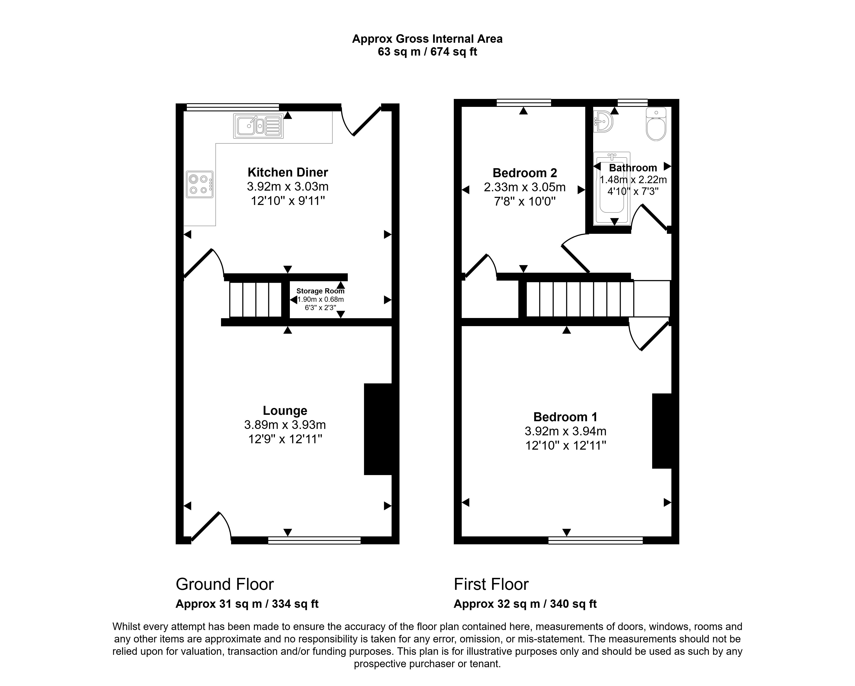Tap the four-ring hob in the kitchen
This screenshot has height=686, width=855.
[x=199, y=184]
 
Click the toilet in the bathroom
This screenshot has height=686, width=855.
[x=656, y=125]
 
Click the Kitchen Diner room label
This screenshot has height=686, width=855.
[x=287, y=172]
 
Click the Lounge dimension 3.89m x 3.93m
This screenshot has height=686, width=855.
[x=285, y=425]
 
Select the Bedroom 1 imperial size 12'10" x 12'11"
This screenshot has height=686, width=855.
[x=566, y=446]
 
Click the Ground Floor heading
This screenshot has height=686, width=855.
[x=224, y=584]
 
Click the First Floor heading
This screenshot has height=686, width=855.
[x=491, y=584]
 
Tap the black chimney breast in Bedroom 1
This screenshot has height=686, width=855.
[x=662, y=431]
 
